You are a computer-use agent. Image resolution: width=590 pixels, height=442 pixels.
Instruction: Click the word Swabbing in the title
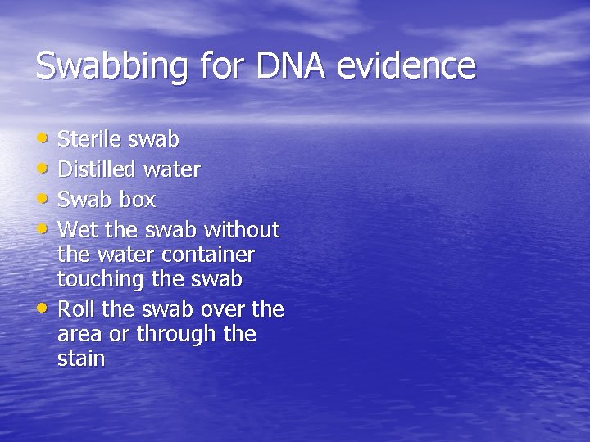point(110,66)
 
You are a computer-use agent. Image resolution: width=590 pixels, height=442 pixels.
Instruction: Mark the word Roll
point(76,309)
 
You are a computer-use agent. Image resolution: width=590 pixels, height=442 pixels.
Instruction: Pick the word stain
point(81,359)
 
